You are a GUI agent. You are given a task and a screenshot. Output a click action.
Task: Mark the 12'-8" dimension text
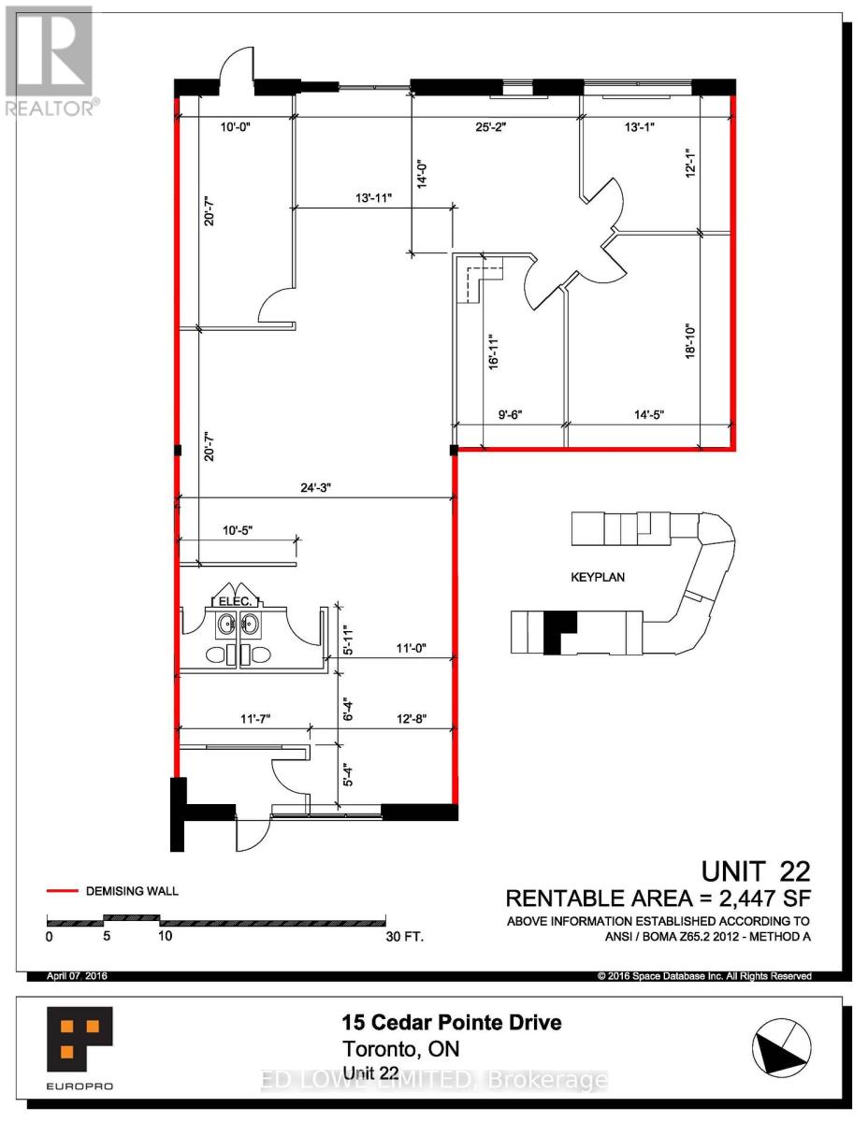(x=409, y=718)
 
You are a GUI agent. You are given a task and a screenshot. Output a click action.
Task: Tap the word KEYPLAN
(x=598, y=577)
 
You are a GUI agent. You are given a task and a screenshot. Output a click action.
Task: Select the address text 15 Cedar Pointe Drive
(x=452, y=1023)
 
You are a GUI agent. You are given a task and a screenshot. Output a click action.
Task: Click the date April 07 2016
(x=78, y=976)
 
